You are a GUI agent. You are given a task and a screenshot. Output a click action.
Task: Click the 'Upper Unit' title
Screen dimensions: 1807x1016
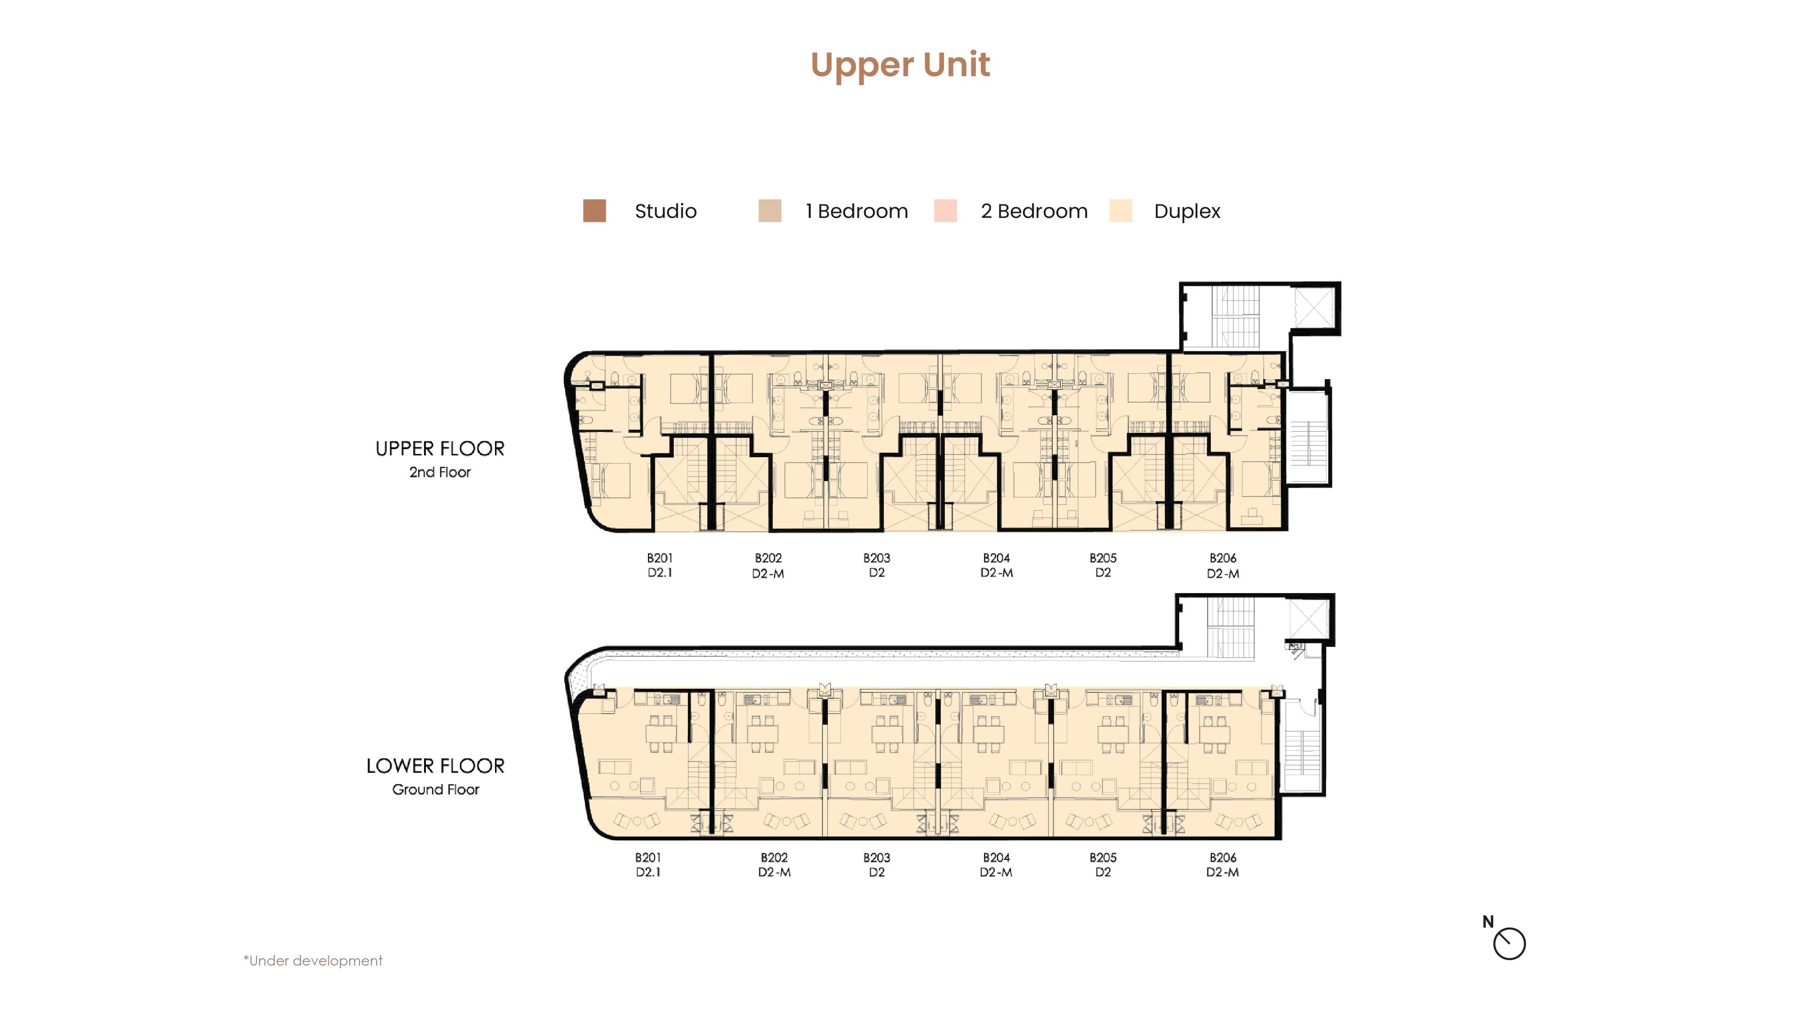coord(900,66)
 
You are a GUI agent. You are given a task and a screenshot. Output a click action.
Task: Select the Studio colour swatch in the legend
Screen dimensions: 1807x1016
coord(594,211)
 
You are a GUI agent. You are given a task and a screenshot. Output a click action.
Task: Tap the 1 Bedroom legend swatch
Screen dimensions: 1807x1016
coord(769,211)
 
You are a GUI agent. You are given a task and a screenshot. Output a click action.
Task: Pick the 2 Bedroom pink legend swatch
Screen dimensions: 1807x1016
coord(945,211)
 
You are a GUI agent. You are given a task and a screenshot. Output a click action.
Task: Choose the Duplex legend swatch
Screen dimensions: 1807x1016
coord(1121,211)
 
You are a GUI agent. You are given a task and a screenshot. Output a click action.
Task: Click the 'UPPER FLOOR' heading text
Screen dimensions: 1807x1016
coord(440,449)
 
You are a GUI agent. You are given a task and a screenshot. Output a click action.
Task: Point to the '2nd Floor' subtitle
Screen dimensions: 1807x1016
coord(440,473)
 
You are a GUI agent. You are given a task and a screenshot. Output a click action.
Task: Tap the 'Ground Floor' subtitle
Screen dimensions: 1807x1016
coord(436,790)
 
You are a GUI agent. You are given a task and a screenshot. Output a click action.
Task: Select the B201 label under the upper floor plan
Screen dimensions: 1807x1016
coord(659,558)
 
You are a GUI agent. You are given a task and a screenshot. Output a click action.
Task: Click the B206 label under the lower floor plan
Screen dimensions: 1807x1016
coord(1223,857)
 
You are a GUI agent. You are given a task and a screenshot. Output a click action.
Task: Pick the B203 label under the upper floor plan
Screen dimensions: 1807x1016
coord(876,558)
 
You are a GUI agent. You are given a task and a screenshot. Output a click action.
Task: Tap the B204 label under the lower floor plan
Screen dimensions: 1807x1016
coord(996,857)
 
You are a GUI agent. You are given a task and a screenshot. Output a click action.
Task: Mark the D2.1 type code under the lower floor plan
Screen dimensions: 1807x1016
coord(648,872)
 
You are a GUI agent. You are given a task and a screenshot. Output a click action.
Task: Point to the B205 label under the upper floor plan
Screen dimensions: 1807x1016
coord(1103,558)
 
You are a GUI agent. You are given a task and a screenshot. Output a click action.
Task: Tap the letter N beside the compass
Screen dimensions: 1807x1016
coord(1488,922)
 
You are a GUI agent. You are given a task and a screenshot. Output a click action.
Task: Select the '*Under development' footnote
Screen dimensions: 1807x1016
coord(313,960)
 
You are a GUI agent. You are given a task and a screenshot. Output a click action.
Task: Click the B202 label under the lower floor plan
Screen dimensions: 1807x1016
coord(774,857)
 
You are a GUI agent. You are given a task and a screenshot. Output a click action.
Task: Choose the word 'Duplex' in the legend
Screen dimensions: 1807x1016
coord(1187,212)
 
